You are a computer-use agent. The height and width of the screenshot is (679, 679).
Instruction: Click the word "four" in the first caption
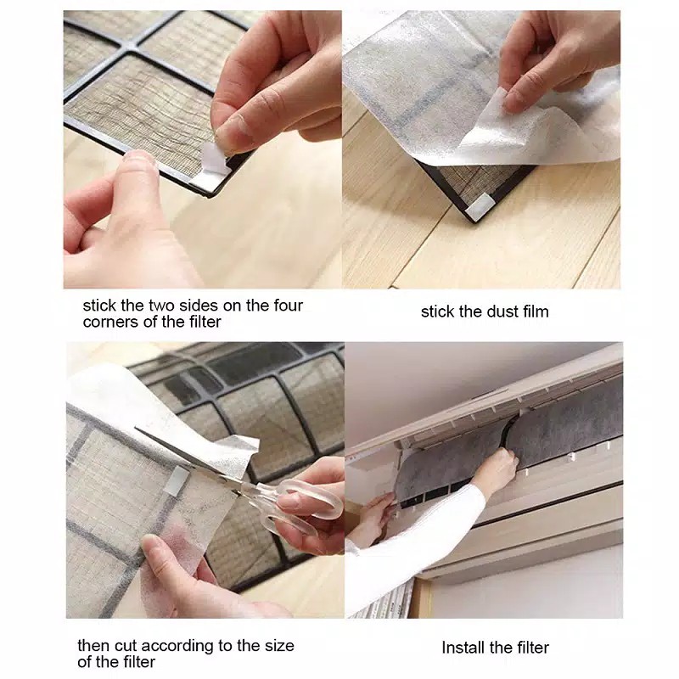pyautogui.click(x=288, y=306)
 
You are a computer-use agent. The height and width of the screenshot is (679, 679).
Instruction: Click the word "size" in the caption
pyautogui.click(x=280, y=646)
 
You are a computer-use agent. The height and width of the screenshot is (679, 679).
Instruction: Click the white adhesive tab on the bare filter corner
pyautogui.click(x=480, y=205)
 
